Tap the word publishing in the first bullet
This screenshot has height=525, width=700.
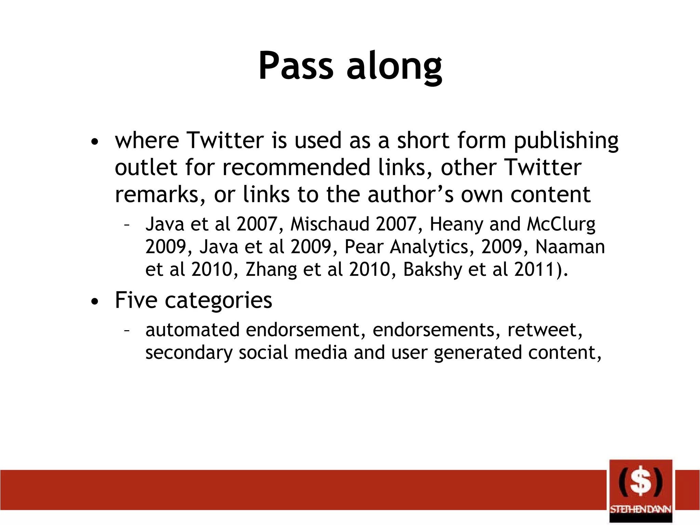[566, 141]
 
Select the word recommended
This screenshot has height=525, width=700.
[296, 167]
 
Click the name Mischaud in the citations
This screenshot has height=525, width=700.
[329, 224]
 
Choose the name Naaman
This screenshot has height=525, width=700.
[570, 247]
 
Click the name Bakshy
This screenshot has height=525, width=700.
[432, 269]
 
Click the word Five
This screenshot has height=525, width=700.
[136, 300]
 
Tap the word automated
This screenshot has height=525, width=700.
[192, 330]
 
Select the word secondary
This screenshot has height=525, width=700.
[189, 353]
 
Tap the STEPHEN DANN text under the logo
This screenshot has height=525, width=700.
[641, 509]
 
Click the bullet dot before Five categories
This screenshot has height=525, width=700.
[95, 301]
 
